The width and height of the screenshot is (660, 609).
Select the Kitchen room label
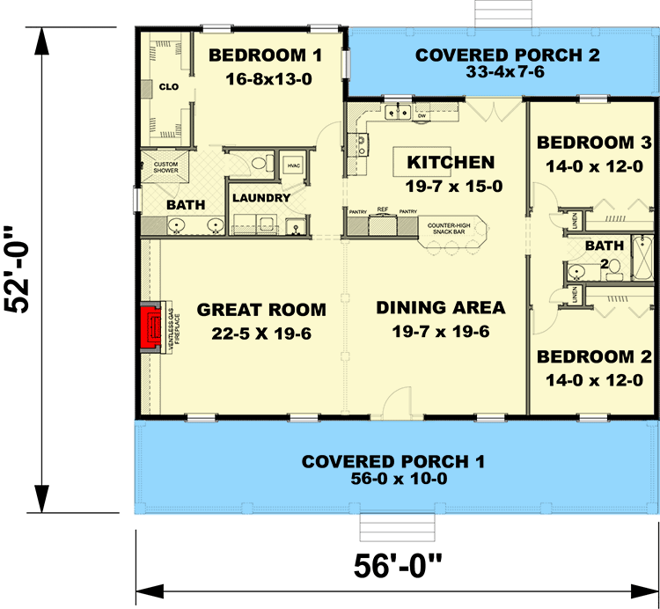451,162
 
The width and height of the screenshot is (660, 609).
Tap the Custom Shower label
165,167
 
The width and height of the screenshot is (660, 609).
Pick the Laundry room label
260,198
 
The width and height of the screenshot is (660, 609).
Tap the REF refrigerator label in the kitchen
383,211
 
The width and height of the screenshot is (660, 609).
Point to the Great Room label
261,310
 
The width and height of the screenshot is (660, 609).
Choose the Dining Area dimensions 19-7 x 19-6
440,332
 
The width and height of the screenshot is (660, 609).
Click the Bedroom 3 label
594,143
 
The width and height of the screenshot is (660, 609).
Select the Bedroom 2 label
594,358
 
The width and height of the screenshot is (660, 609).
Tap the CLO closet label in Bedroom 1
169,86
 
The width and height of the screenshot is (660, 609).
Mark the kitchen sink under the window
398,112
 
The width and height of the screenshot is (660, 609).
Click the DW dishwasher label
422,115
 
